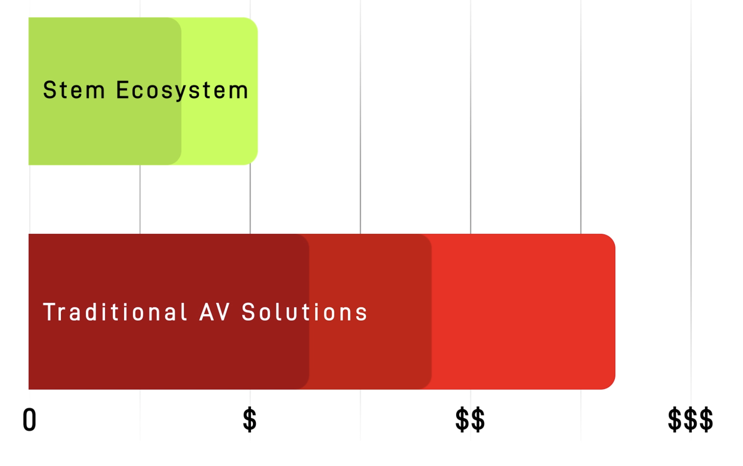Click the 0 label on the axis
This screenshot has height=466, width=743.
(x=29, y=420)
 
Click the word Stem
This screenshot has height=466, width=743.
(x=74, y=90)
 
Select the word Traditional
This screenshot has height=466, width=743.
(x=115, y=312)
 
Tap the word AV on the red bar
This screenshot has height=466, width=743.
(x=215, y=312)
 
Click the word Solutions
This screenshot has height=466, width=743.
(x=304, y=312)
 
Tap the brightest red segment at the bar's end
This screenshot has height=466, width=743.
(x=523, y=312)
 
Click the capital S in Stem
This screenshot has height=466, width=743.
(x=50, y=90)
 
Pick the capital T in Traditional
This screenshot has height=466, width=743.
(x=50, y=312)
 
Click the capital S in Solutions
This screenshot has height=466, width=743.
(x=248, y=312)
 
